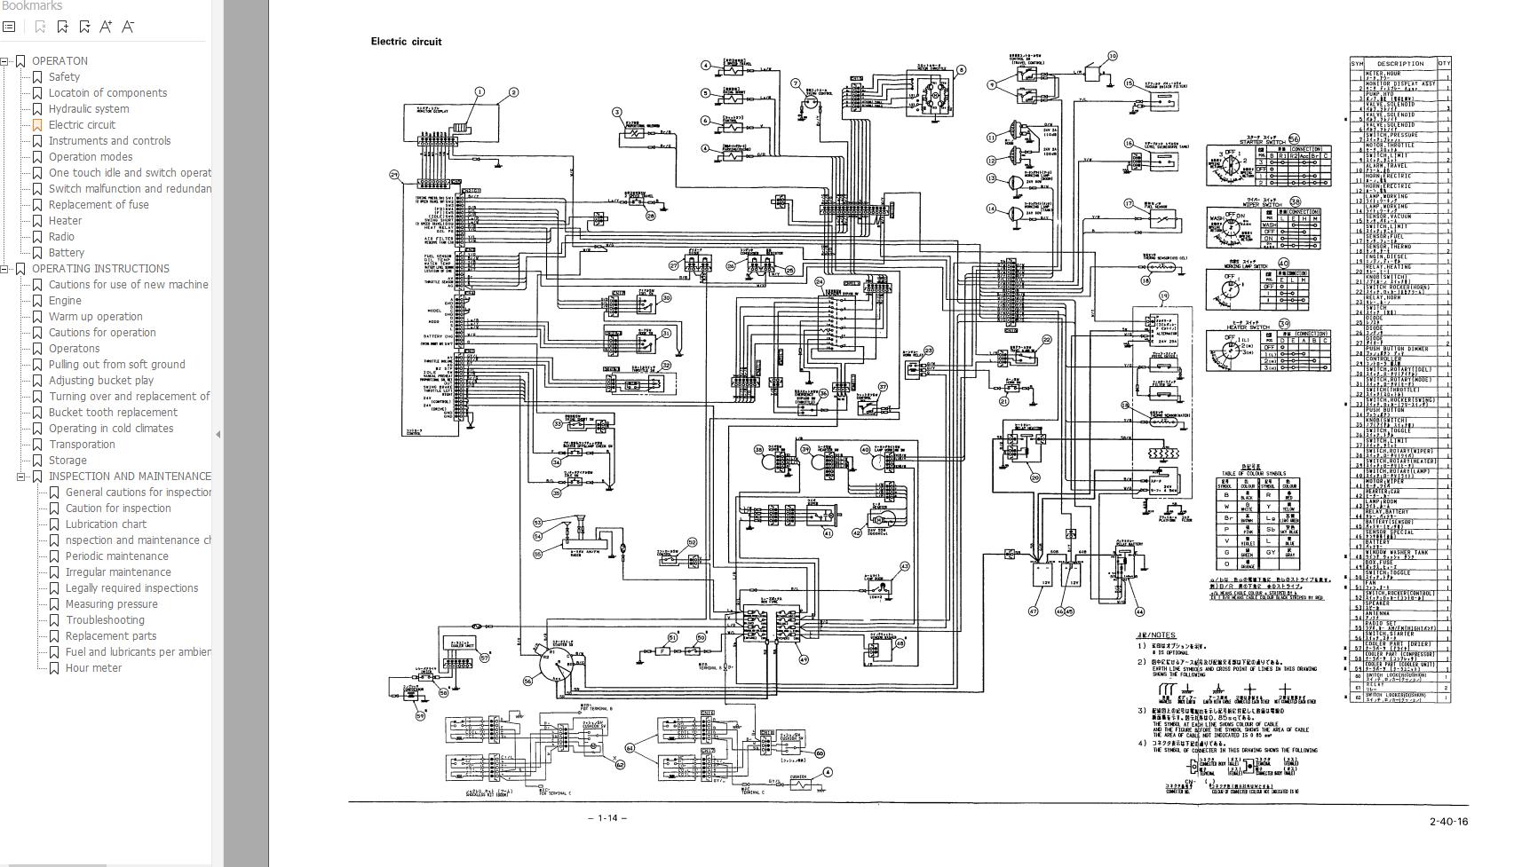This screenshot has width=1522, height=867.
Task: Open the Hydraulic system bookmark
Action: click(88, 108)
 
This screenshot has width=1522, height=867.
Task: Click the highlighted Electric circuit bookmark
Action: click(82, 124)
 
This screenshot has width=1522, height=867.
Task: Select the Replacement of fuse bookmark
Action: click(99, 204)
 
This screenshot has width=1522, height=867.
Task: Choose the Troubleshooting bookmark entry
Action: click(105, 619)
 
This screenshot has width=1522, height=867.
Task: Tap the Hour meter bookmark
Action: click(93, 667)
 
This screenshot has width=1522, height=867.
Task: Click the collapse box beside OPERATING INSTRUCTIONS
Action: click(4, 269)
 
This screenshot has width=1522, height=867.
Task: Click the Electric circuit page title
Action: click(406, 42)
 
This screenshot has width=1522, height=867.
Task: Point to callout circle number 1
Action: click(480, 91)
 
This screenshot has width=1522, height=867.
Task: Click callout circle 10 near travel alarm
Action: click(1112, 56)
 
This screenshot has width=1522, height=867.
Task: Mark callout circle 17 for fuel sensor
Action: click(1130, 204)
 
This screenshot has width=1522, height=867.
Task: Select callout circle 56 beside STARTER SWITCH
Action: click(1294, 139)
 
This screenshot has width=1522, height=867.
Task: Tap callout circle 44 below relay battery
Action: click(1139, 611)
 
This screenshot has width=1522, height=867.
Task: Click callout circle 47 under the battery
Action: click(1033, 611)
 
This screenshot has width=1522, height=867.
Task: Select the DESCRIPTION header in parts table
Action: click(1400, 63)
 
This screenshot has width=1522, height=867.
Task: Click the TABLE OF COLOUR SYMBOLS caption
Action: click(1253, 473)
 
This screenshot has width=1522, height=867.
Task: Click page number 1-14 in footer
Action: click(607, 817)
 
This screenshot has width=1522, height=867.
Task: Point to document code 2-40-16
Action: click(1448, 821)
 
